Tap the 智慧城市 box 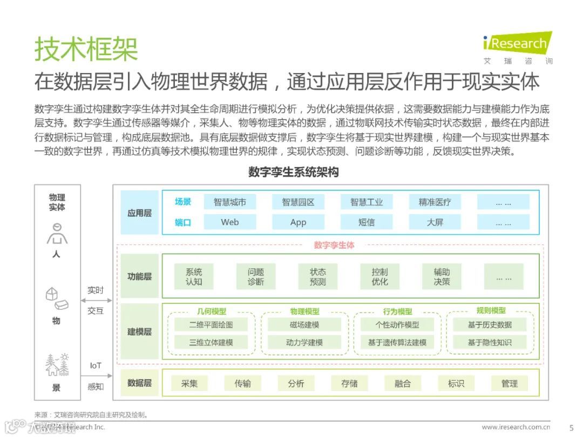[x=230, y=202]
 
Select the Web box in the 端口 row [x=230, y=222]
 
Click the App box [x=298, y=222]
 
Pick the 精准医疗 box [x=435, y=202]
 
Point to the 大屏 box [x=435, y=222]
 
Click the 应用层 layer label [x=139, y=213]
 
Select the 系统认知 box [x=194, y=277]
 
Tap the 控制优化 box [x=379, y=277]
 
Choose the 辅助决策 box [x=442, y=277]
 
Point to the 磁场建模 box [x=304, y=325]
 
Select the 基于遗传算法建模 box [x=397, y=342]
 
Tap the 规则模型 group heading [x=491, y=311]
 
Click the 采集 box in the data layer [x=189, y=383]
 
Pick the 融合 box [x=403, y=383]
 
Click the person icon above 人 [x=56, y=234]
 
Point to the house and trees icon [x=57, y=365]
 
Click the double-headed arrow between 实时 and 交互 [x=96, y=301]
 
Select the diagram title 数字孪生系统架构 [x=293, y=172]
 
